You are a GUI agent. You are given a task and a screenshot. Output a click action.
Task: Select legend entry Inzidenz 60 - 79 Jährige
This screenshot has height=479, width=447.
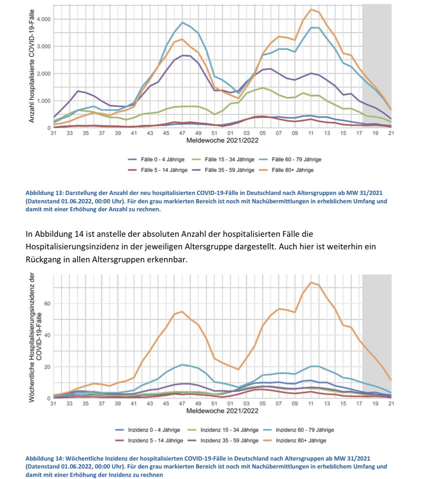(297, 430)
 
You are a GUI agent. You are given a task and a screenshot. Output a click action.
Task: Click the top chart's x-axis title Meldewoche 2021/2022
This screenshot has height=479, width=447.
(222, 140)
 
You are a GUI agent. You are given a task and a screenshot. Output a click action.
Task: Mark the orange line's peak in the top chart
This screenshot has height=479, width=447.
(311, 9)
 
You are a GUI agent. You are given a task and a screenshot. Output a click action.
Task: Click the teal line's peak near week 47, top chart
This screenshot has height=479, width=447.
(183, 23)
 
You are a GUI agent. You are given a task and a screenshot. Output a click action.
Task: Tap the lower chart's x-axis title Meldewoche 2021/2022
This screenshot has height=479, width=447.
(222, 410)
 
